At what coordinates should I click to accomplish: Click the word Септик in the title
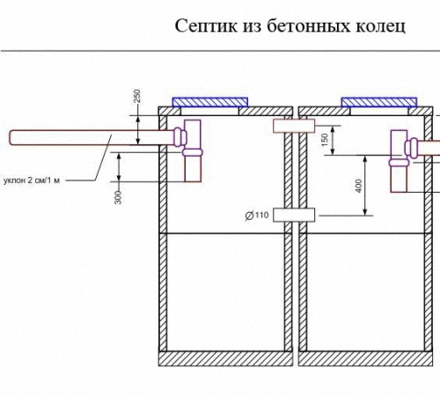click(206, 26)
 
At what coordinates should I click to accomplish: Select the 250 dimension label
click(137, 96)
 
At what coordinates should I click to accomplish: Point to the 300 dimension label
click(118, 197)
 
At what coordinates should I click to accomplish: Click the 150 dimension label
click(325, 140)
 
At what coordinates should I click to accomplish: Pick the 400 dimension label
click(358, 186)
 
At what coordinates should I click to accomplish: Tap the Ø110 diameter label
click(257, 216)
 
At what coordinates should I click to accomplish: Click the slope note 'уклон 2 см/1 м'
click(32, 180)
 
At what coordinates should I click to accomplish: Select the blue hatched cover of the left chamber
click(210, 102)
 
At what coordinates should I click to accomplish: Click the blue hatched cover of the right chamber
click(379, 102)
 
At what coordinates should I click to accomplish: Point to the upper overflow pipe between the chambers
click(294, 126)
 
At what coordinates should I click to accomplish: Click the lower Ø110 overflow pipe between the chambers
click(294, 215)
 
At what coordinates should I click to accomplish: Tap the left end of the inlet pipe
click(10, 137)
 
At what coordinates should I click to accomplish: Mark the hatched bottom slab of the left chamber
click(226, 359)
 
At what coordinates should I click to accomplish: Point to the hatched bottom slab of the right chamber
click(365, 359)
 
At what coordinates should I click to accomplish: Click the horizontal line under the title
click(220, 51)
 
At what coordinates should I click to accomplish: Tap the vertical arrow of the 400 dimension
click(365, 186)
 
